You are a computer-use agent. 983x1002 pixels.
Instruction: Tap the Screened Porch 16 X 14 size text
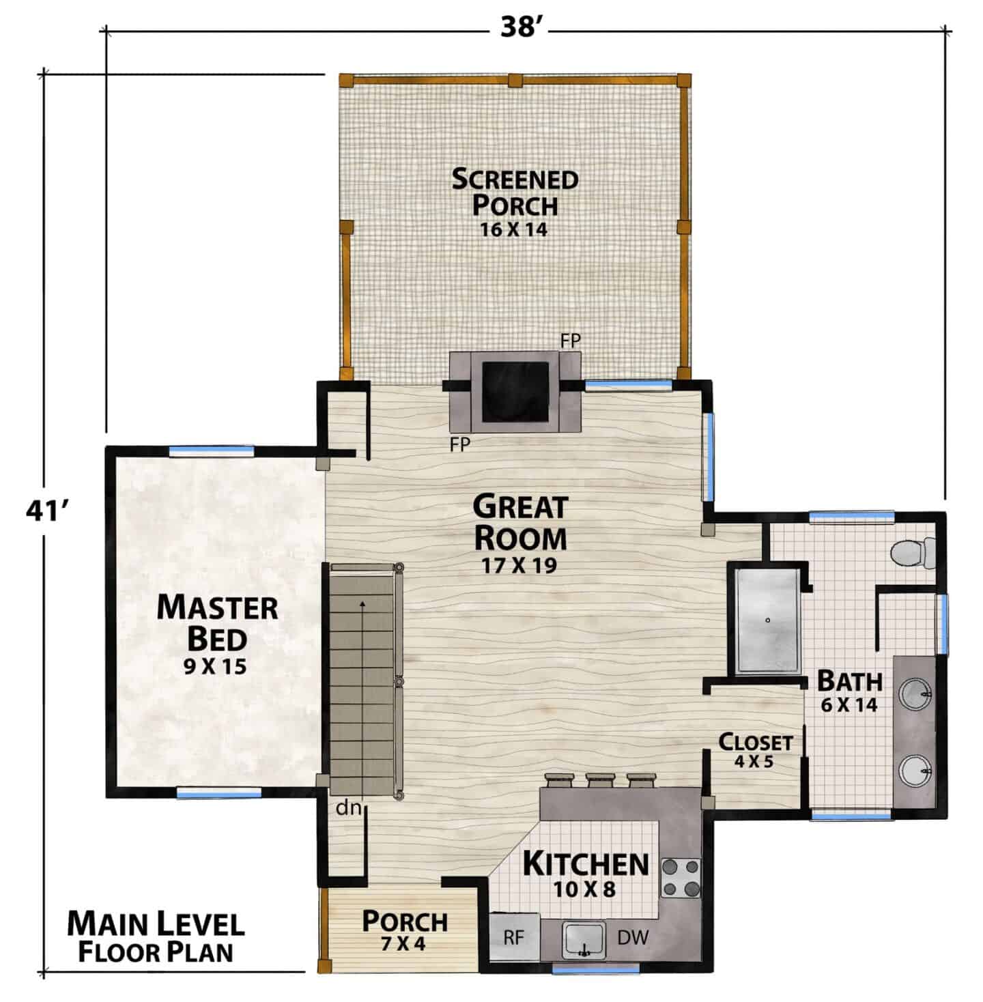513,229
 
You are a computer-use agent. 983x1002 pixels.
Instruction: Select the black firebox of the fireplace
515,392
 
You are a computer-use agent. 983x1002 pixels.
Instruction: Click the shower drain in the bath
767,620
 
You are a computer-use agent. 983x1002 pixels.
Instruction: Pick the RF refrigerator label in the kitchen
513,938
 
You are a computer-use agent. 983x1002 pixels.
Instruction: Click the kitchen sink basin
584,940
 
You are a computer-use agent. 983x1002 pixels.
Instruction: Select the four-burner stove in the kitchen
681,878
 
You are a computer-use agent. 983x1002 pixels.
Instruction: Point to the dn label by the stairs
348,807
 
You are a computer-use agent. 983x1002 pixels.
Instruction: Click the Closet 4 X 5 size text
754,762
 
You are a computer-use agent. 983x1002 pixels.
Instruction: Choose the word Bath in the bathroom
850,681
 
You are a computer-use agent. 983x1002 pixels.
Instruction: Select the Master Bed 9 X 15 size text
215,666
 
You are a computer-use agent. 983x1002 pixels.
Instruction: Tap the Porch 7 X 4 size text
403,943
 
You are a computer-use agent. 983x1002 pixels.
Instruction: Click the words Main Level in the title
156,924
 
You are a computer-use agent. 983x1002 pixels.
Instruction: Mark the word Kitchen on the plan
586,863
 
